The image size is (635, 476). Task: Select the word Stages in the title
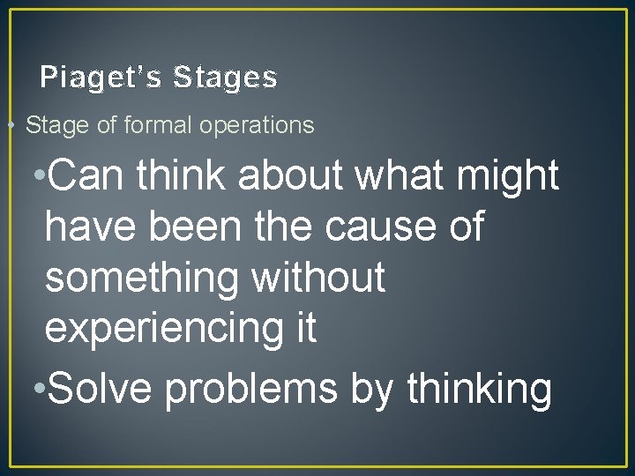point(226,78)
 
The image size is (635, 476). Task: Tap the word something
point(140,278)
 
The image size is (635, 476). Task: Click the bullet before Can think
point(36,177)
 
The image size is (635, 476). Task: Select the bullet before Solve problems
point(36,390)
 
